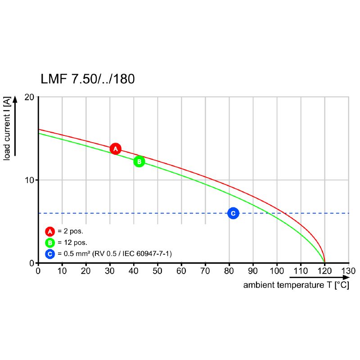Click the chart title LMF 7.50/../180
(x=87, y=79)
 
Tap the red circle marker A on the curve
(x=115, y=148)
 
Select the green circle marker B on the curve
(x=139, y=161)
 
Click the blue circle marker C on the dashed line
(x=233, y=213)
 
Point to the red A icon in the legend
(x=49, y=231)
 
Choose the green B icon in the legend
(x=49, y=243)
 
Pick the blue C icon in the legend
(x=49, y=254)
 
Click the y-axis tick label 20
(x=30, y=97)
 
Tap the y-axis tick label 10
(x=30, y=180)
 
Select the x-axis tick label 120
(x=324, y=271)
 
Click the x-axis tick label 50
(x=157, y=271)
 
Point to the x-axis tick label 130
(x=348, y=271)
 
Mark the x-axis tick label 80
(x=229, y=271)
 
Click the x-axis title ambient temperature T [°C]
(x=296, y=285)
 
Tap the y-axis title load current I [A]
(x=7, y=128)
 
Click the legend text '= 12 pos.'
(x=72, y=243)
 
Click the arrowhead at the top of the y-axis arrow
(x=15, y=99)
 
